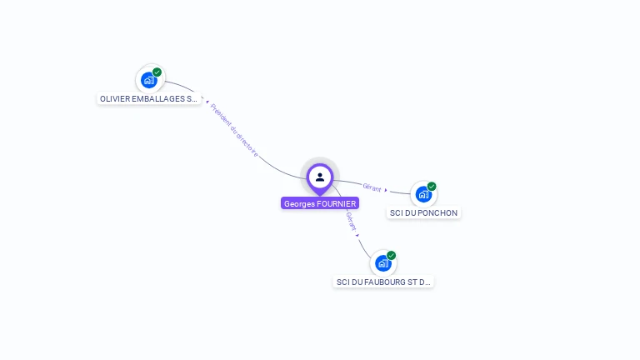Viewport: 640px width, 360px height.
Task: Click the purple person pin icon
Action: (320, 177)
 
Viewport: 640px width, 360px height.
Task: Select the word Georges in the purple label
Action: (300, 203)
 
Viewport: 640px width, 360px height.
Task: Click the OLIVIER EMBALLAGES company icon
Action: (149, 80)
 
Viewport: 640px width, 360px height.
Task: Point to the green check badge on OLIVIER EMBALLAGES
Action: (157, 72)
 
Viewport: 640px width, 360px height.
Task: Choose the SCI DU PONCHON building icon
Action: (423, 195)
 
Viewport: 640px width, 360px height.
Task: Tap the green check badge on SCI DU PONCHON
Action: (432, 187)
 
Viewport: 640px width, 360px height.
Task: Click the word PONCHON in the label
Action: (439, 212)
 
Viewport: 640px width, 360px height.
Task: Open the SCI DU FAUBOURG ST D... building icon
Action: (382, 263)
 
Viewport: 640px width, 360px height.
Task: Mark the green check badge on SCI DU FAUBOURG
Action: (391, 256)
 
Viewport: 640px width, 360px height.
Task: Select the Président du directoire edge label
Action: (234, 130)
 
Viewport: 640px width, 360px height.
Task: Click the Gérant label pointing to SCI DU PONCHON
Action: (372, 187)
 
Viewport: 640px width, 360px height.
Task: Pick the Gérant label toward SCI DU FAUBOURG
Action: (351, 221)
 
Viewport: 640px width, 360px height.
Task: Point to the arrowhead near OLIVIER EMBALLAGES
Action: (207, 102)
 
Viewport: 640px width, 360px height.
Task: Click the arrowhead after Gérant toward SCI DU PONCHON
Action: (386, 190)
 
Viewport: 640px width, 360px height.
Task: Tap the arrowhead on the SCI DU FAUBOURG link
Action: (357, 235)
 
